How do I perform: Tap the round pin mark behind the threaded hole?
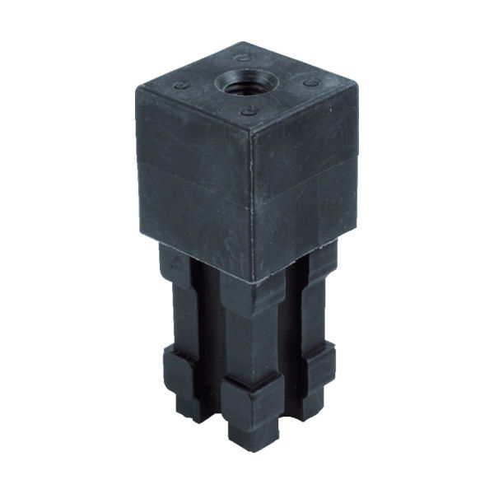243,58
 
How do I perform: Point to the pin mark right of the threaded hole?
311,83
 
